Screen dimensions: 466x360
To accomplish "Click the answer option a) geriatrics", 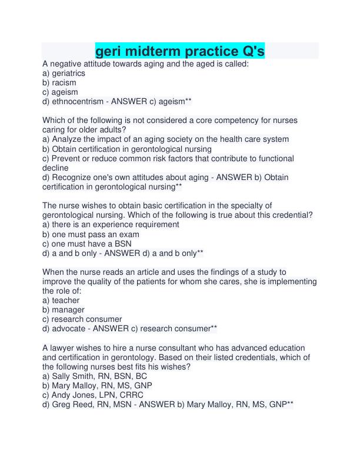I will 64,73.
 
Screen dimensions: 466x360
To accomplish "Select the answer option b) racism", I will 59,82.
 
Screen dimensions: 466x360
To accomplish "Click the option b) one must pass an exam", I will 91,234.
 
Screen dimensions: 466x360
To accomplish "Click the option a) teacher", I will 61,300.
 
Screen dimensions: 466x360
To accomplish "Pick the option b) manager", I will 63,309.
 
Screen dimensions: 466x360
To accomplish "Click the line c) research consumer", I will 82,319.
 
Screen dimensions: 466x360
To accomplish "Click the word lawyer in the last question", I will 64,348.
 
